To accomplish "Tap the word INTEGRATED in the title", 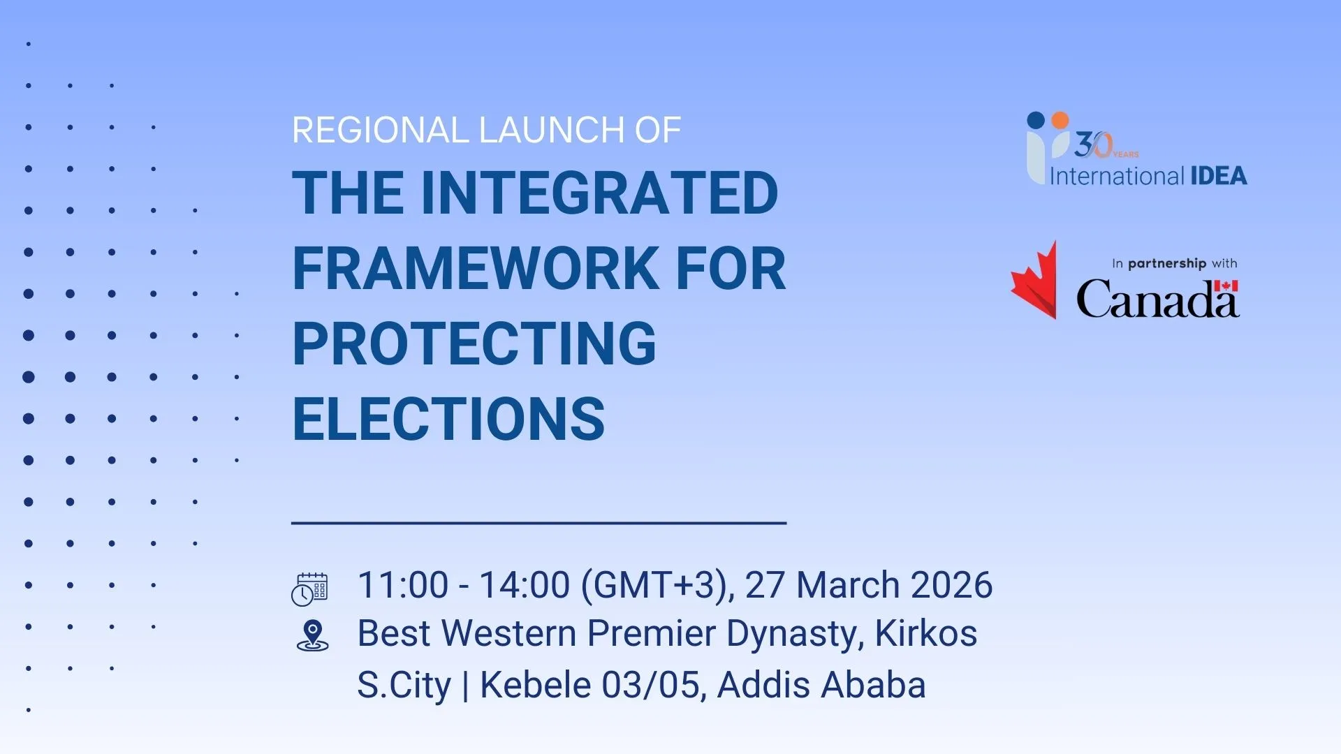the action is coord(600,193).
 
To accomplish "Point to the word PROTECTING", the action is coord(474,343).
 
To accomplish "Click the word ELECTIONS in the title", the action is coord(448,419).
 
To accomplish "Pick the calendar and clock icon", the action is coord(309,589).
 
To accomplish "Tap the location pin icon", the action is coord(312,635).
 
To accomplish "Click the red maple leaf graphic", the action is coord(1034,280).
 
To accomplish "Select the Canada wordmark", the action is coord(1157,299).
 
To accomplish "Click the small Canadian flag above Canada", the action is coord(1226,285).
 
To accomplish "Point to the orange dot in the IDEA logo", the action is coord(1060,120).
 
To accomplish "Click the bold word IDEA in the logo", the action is coord(1219,176).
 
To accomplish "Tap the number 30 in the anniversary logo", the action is coord(1093,145).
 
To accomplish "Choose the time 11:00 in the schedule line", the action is coord(402,585).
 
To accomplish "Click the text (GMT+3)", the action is coord(657,585).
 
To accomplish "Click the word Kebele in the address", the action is coord(535,684).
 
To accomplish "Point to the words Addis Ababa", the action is coord(821,684).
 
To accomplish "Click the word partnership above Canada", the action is coord(1167,263).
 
